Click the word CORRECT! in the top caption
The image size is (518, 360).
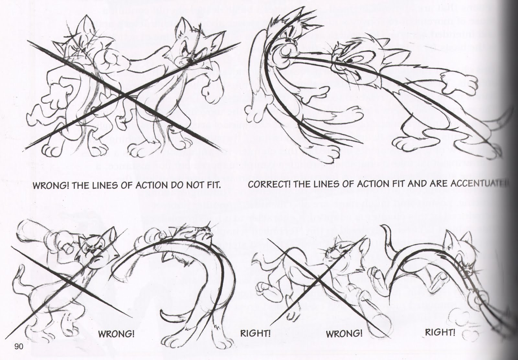coord(265,185)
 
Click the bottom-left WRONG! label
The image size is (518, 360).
coord(116,334)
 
